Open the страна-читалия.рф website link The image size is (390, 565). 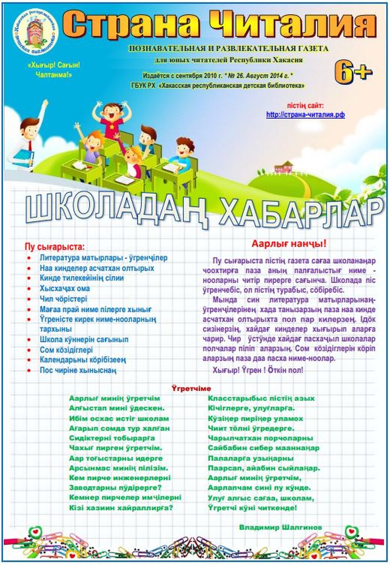click(305, 114)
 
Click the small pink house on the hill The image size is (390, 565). click(283, 167)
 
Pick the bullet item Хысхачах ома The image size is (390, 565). click(64, 288)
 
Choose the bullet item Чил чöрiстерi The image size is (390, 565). click(63, 299)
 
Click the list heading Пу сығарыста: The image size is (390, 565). click(54, 246)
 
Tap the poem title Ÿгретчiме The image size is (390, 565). click(191, 389)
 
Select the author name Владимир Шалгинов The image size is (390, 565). click(280, 527)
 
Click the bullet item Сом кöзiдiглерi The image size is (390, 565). click(66, 350)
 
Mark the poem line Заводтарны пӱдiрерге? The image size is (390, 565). click(115, 488)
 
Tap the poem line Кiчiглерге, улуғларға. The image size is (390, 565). click(251, 408)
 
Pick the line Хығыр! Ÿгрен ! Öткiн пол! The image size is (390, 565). click(258, 370)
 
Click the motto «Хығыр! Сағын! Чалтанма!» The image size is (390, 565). click(54, 70)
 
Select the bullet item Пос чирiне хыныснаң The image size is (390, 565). click(78, 370)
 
